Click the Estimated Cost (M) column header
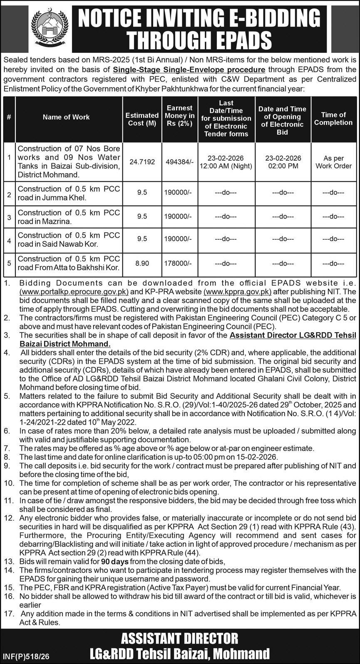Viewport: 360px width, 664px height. [x=142, y=119]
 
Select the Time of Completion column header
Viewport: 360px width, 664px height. [x=333, y=119]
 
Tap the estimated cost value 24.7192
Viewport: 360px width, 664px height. [x=142, y=162]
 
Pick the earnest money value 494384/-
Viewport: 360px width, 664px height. [x=180, y=162]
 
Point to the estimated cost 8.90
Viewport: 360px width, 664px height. [x=142, y=264]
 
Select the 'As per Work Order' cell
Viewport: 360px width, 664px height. [x=333, y=162]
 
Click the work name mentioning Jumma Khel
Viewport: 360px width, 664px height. [x=69, y=193]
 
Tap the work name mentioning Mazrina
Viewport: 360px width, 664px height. [x=69, y=217]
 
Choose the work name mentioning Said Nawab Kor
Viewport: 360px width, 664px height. [x=69, y=239]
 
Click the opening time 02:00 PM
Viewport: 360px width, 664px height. [x=282, y=166]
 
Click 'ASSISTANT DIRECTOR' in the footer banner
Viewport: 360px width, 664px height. [x=180, y=638]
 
